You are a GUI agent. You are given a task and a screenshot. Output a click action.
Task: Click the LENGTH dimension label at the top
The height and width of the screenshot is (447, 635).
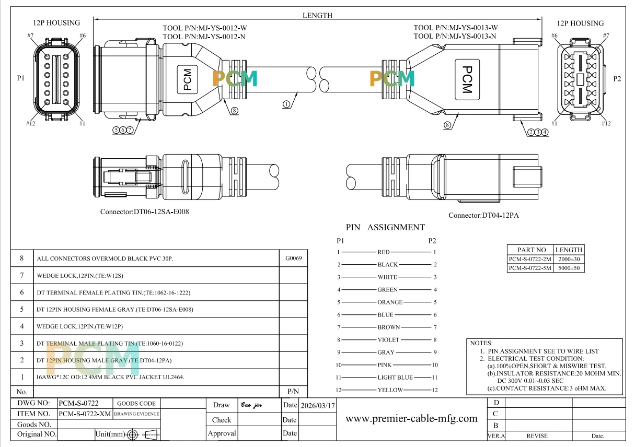coord(317,15)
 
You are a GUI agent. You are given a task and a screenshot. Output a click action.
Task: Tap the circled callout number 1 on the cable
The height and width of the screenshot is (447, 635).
coord(286,104)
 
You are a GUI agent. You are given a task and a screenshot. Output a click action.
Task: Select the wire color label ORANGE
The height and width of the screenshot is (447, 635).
coord(390,302)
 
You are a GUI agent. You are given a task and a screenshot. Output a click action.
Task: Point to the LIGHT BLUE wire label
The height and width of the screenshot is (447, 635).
coord(395,378)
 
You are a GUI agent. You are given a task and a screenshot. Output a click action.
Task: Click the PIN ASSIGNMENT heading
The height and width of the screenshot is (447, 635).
coord(385,227)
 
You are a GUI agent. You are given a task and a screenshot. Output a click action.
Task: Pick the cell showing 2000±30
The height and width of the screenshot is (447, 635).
coord(569,259)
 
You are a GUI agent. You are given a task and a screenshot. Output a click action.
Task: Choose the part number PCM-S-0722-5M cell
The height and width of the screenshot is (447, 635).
coord(530,268)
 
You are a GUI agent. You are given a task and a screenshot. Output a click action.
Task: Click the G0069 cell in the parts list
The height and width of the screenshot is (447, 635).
coord(293,258)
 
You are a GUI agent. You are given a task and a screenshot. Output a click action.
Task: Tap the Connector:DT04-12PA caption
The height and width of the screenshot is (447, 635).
coord(483,215)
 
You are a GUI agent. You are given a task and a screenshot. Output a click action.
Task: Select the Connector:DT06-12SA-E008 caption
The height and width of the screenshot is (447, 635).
coord(145,211)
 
